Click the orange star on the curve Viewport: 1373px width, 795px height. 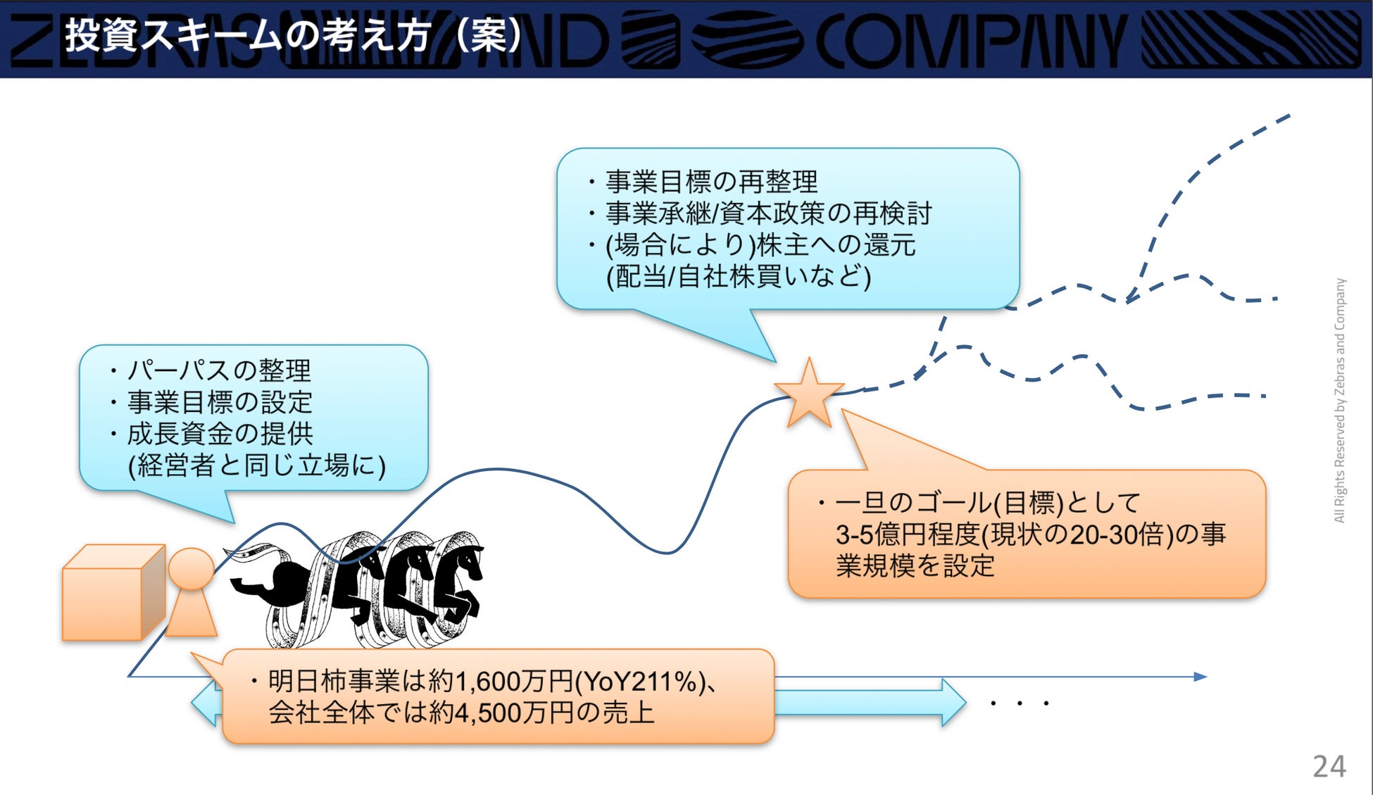(x=809, y=394)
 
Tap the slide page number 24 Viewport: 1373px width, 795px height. (x=1329, y=766)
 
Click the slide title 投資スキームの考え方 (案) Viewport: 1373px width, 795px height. (x=292, y=35)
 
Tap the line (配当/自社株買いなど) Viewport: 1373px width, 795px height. (x=739, y=276)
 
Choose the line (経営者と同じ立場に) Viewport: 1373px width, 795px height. (x=257, y=465)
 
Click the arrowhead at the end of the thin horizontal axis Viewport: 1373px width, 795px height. (x=1200, y=677)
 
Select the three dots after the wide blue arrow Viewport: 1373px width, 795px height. (x=1020, y=703)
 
